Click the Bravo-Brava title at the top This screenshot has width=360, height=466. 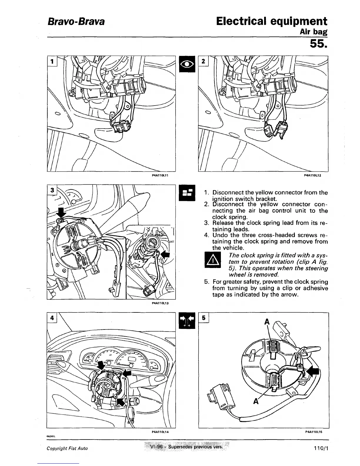tap(76, 21)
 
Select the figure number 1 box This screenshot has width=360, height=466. tap(52, 61)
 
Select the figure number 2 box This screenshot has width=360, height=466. tap(204, 61)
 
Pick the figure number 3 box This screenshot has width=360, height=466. tap(52, 190)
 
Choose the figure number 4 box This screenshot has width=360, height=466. tap(52, 318)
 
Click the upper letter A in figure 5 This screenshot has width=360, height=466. tap(267, 322)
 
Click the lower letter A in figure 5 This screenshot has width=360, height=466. tap(256, 401)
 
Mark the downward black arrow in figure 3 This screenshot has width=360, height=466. tap(61, 213)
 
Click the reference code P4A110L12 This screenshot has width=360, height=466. tap(312, 175)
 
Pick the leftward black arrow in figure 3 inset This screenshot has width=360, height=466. tap(166, 254)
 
